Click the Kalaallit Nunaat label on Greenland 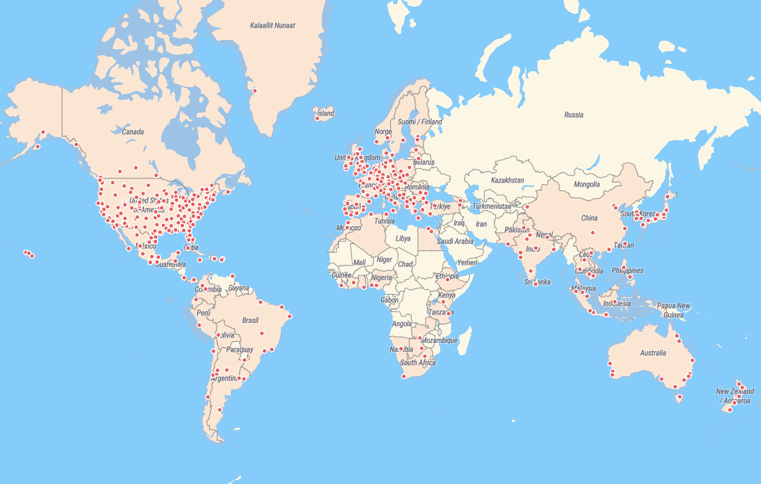[x=273, y=26]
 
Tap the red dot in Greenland [x=255, y=91]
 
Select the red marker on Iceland [x=317, y=118]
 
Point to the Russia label [x=574, y=115]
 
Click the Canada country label [x=133, y=131]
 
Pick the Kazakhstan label [x=507, y=180]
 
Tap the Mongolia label [x=587, y=185]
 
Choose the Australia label [x=652, y=353]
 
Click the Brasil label [x=250, y=320]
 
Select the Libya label [x=403, y=239]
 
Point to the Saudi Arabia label [x=455, y=241]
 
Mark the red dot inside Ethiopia [x=448, y=279]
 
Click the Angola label [x=402, y=324]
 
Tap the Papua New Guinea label [x=673, y=310]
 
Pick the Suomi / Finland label [x=420, y=122]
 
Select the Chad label [x=405, y=264]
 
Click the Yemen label [x=467, y=263]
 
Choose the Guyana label [x=238, y=288]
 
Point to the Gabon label [x=389, y=300]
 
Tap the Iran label [x=482, y=224]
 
